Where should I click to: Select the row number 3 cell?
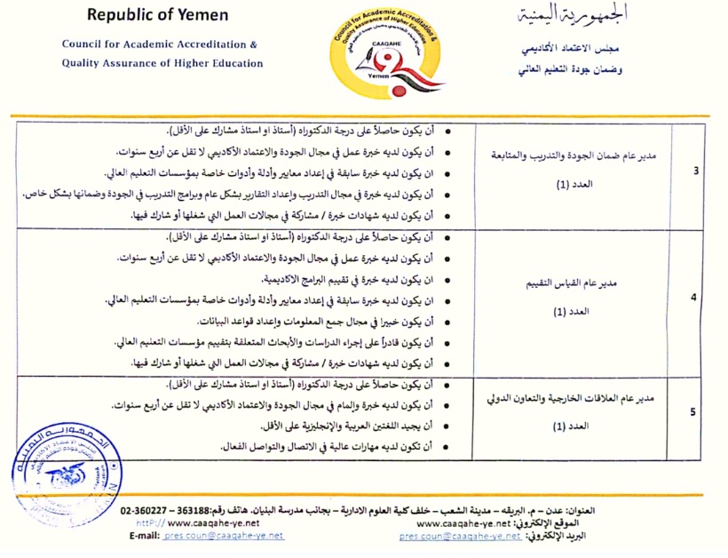(x=694, y=172)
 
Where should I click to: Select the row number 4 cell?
(x=694, y=299)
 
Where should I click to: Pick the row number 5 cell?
(x=694, y=411)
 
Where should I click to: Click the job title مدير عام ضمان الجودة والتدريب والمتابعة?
(x=574, y=155)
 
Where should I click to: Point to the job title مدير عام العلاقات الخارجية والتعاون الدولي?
(x=574, y=398)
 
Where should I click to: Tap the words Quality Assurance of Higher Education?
(x=162, y=63)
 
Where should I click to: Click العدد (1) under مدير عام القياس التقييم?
(x=574, y=313)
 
